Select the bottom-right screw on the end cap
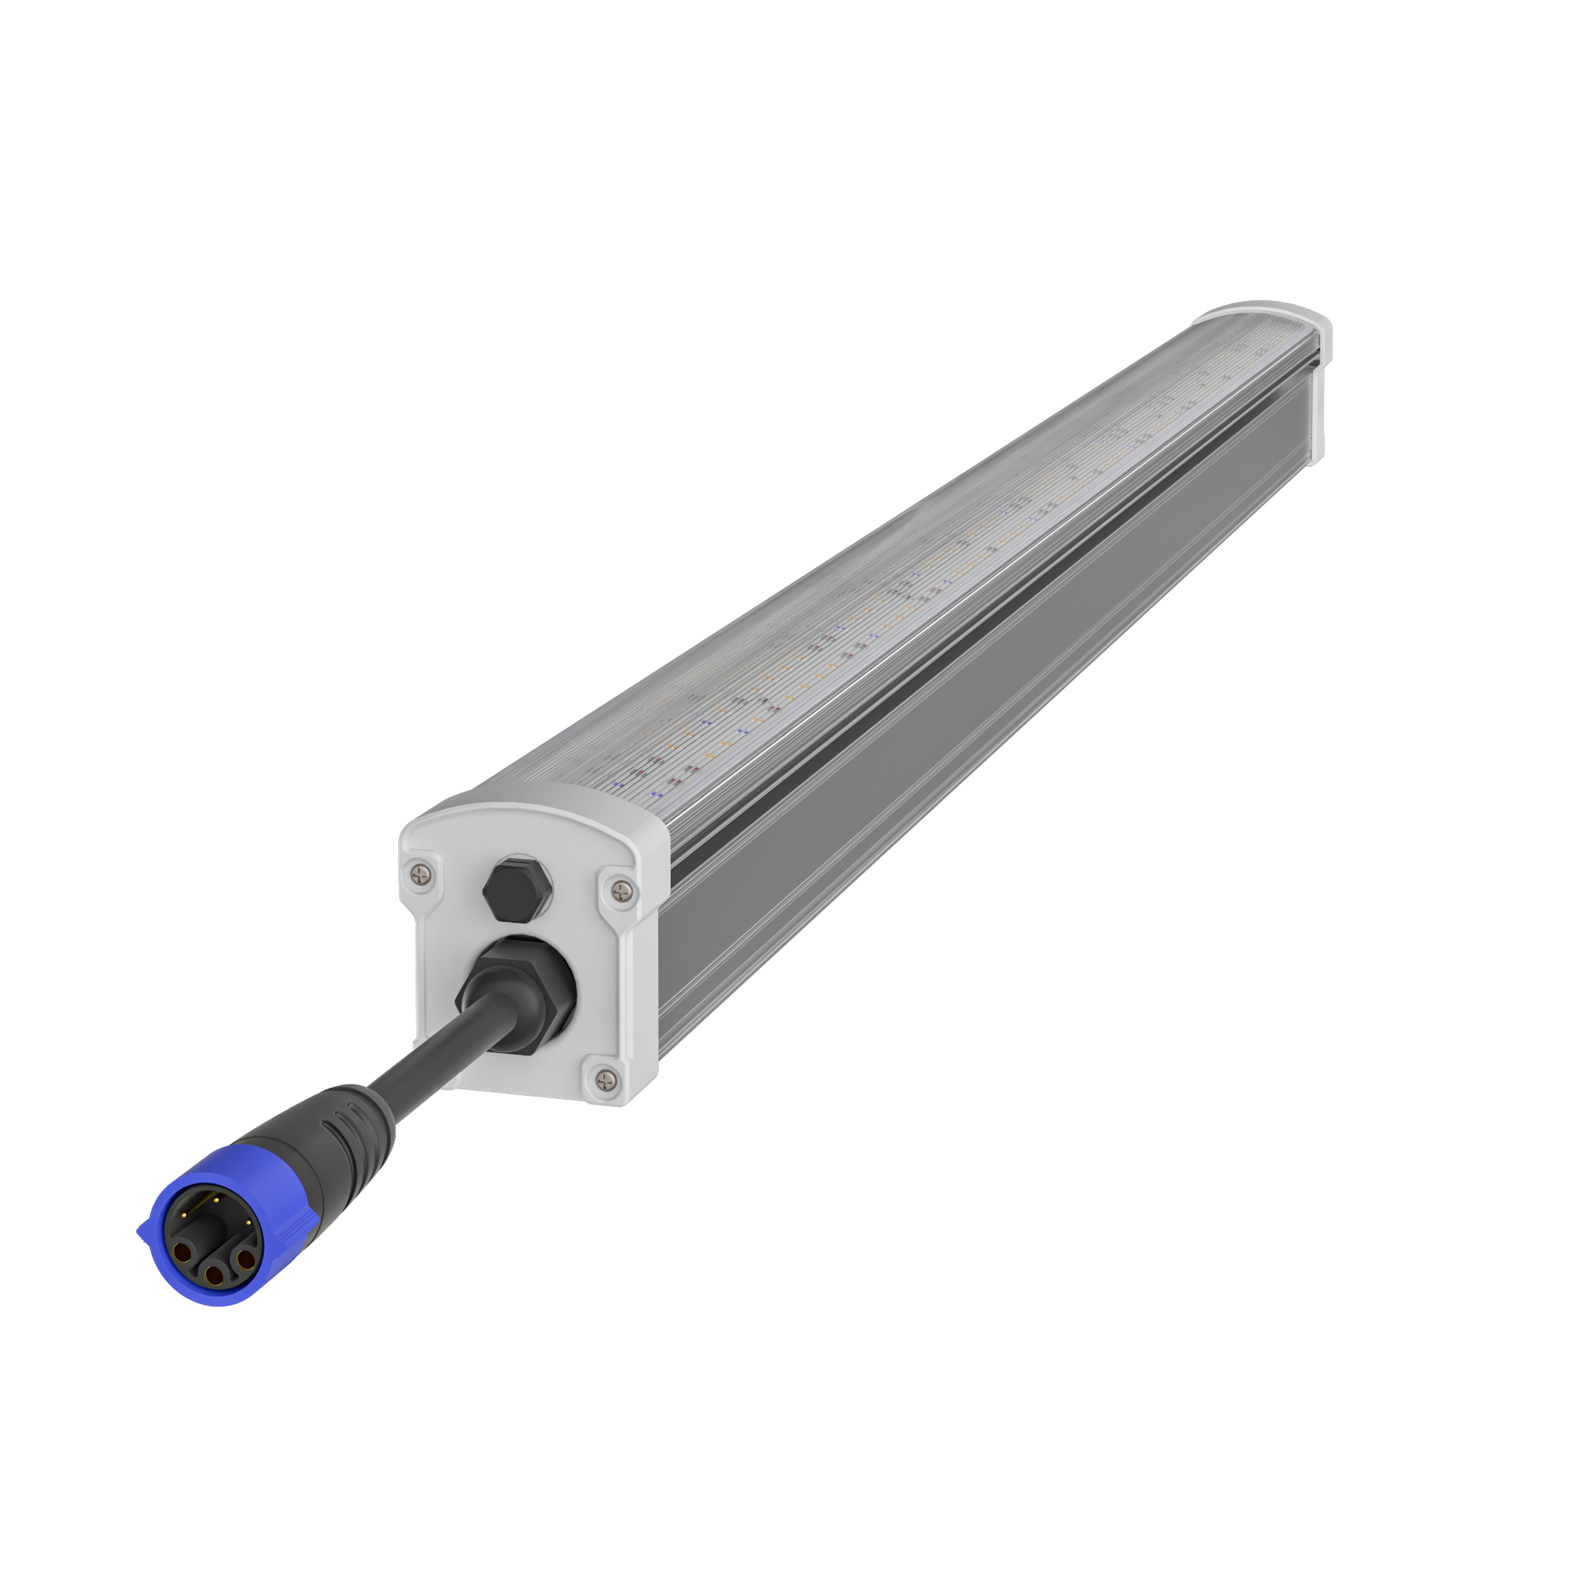(x=605, y=1080)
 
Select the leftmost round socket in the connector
(x=182, y=1254)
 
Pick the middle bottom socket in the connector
(x=214, y=1277)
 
